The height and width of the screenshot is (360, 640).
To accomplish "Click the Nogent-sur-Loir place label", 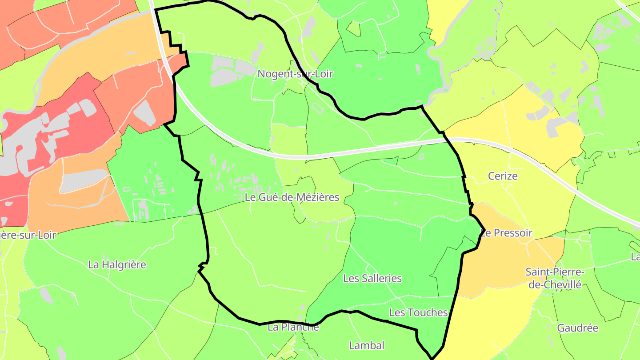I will (295, 74).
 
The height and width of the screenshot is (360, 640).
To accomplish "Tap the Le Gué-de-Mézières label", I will (292, 197).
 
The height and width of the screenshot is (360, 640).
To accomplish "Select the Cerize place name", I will (503, 176).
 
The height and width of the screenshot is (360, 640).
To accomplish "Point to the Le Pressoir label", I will (507, 233).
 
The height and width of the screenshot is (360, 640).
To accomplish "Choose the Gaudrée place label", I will (578, 328).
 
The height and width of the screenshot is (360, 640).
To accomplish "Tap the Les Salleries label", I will (372, 279).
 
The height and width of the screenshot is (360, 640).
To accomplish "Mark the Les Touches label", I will (418, 312).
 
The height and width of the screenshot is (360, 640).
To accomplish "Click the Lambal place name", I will (367, 345).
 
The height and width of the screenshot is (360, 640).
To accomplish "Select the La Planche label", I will (293, 328).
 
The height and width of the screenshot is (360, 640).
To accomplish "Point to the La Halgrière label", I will (117, 264).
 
